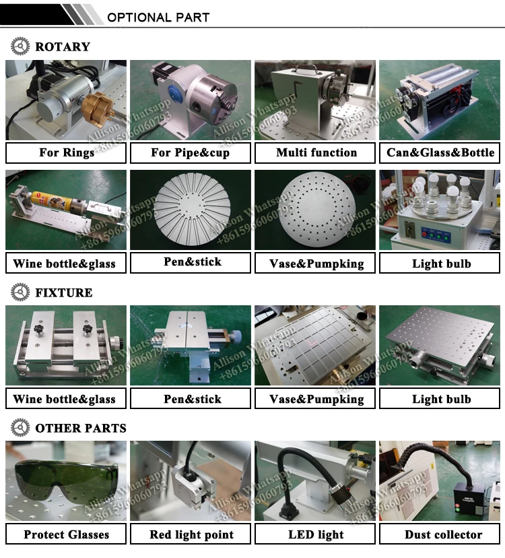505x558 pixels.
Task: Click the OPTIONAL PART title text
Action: pyautogui.click(x=158, y=17)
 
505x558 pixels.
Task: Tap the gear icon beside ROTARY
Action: pyautogui.click(x=20, y=46)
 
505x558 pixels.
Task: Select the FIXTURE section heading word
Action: pyautogui.click(x=64, y=292)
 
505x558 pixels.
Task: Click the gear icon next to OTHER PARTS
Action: pyautogui.click(x=20, y=427)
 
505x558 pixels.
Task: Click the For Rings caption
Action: pyautogui.click(x=66, y=153)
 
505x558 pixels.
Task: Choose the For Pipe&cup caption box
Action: pyautogui.click(x=191, y=153)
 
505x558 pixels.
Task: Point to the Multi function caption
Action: pyautogui.click(x=316, y=153)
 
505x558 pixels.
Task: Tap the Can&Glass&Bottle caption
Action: pyautogui.click(x=440, y=153)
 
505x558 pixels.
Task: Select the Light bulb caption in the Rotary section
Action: pyautogui.click(x=441, y=263)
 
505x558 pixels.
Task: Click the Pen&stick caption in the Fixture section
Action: pyautogui.click(x=192, y=399)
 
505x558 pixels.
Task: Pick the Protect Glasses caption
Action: pyautogui.click(x=66, y=534)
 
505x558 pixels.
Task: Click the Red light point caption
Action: pyautogui.click(x=191, y=535)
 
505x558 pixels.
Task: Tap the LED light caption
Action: pyautogui.click(x=316, y=534)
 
